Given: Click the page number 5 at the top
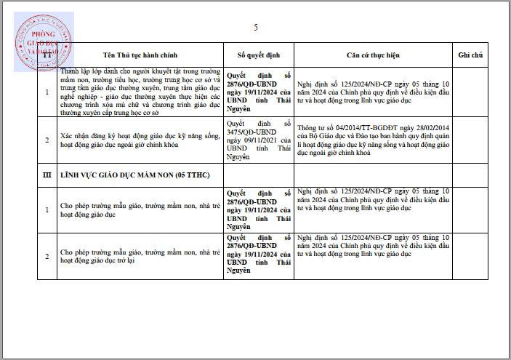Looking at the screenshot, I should point(256,28).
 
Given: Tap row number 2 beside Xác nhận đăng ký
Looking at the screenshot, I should point(47,140).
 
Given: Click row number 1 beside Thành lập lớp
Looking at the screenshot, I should point(47,92).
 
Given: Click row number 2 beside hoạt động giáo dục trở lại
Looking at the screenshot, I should point(47,256).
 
